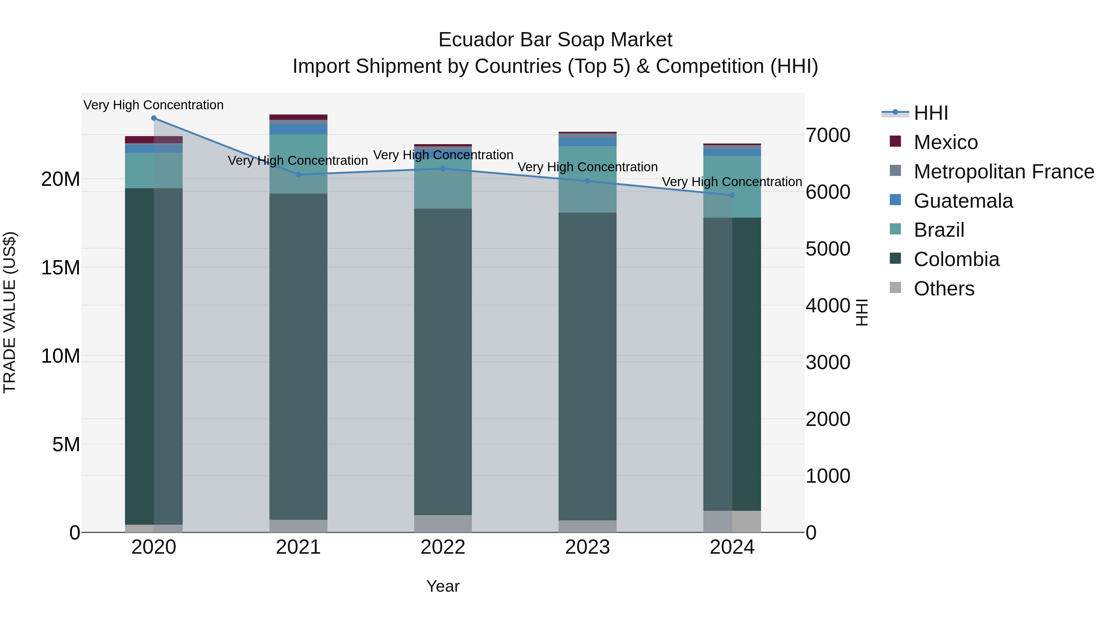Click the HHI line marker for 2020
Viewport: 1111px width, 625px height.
[x=154, y=118]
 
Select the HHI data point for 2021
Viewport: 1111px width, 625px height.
[x=298, y=175]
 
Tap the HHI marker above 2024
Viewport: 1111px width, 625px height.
[x=732, y=195]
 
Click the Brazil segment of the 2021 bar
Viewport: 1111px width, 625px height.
[x=298, y=164]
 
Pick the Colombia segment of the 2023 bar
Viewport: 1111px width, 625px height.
[x=587, y=367]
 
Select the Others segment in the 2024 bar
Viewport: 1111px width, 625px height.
[x=732, y=522]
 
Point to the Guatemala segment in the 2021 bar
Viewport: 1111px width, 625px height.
[x=298, y=129]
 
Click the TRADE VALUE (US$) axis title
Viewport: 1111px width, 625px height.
[x=10, y=312]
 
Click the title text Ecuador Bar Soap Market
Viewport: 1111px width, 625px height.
[x=555, y=40]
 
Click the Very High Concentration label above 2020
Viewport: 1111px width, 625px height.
[x=154, y=105]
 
